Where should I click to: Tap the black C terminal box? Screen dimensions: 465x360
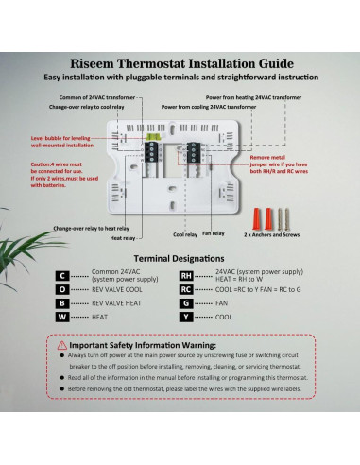pyautogui.click(x=61, y=276)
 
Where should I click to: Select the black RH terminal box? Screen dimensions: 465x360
pyautogui.click(x=186, y=276)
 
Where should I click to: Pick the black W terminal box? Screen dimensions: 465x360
pyautogui.click(x=61, y=319)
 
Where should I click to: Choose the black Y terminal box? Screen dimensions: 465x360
pyautogui.click(x=186, y=319)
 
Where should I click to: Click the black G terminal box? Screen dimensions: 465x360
pyautogui.click(x=186, y=304)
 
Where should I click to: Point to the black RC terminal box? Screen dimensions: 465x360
pyautogui.click(x=186, y=290)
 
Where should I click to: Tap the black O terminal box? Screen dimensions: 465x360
pyautogui.click(x=61, y=290)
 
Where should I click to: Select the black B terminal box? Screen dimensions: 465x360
pyautogui.click(x=61, y=304)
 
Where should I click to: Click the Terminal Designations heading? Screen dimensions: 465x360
pyautogui.click(x=180, y=257)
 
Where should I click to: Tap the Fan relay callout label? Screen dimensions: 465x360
pyautogui.click(x=213, y=232)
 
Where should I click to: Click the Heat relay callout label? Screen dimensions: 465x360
pyautogui.click(x=124, y=238)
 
